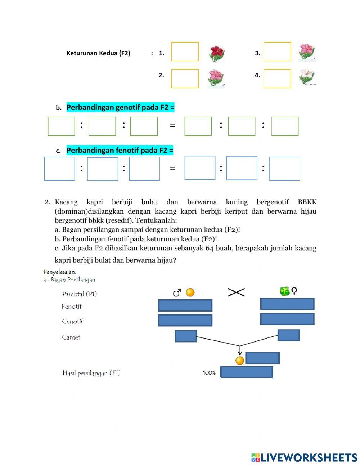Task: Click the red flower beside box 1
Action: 217,53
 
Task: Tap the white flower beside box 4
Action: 307,77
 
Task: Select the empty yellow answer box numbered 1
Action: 185,52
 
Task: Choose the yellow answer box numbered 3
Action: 277,52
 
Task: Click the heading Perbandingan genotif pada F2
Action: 120,107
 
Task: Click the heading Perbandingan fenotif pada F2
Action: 120,150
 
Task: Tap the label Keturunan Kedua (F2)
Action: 98,53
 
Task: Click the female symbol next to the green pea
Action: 294,291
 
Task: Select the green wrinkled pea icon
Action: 285,291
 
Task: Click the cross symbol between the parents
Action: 236,292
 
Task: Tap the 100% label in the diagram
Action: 209,373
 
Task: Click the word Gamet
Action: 71,337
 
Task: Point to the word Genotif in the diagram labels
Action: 72,321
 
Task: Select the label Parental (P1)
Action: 80,294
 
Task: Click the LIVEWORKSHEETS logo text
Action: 309,457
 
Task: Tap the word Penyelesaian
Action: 60,272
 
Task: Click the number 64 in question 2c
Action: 210,248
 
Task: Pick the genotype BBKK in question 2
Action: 307,202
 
